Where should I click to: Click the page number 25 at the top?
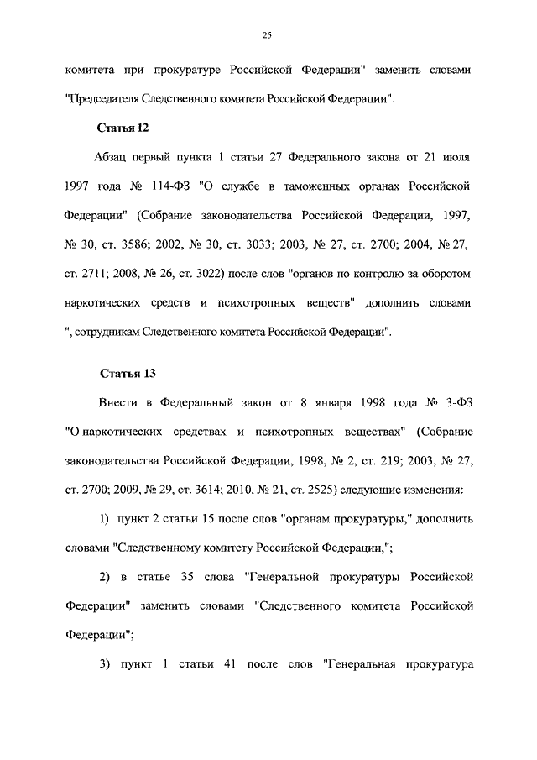coord(268,34)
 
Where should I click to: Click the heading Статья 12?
coord(124,128)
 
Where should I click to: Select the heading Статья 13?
coord(128,373)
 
